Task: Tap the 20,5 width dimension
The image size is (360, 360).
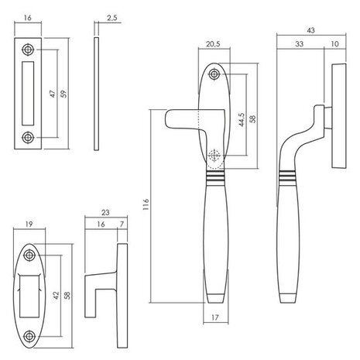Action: click(x=216, y=45)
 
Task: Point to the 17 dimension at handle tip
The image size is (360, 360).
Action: click(x=216, y=317)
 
